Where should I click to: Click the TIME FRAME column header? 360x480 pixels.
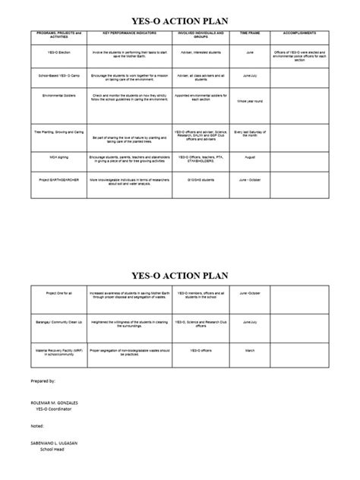[249, 34]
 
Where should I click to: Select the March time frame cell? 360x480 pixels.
[249, 351]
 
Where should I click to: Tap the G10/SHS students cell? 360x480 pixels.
[200, 180]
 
